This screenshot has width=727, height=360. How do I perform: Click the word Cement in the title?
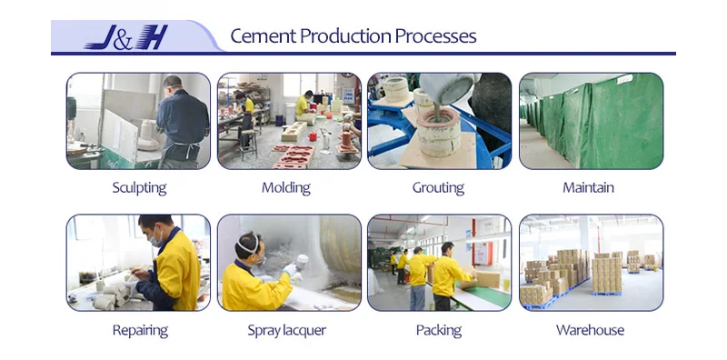pyautogui.click(x=262, y=36)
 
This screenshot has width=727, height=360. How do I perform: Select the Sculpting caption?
pyautogui.click(x=139, y=188)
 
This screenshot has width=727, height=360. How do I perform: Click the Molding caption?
pyautogui.click(x=285, y=188)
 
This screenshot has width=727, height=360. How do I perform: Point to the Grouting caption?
pyautogui.click(x=438, y=188)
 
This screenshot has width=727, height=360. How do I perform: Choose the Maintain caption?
pyautogui.click(x=589, y=188)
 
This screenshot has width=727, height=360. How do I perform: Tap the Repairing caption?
pyautogui.click(x=139, y=330)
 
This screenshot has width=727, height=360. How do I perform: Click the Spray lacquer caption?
pyautogui.click(x=286, y=330)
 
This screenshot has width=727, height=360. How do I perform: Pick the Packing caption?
pyautogui.click(x=438, y=330)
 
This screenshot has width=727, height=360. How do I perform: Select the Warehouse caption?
pyautogui.click(x=590, y=330)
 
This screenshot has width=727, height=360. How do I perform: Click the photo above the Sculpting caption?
pyautogui.click(x=138, y=121)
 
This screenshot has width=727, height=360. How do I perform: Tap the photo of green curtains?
pyautogui.click(x=591, y=121)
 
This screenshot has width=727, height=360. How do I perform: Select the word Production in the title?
pyautogui.click(x=344, y=36)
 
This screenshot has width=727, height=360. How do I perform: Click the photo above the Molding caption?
pyautogui.click(x=289, y=121)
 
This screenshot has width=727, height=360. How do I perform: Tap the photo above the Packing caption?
pyautogui.click(x=439, y=263)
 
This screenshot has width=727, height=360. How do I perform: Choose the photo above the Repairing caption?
pyautogui.click(x=138, y=263)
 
